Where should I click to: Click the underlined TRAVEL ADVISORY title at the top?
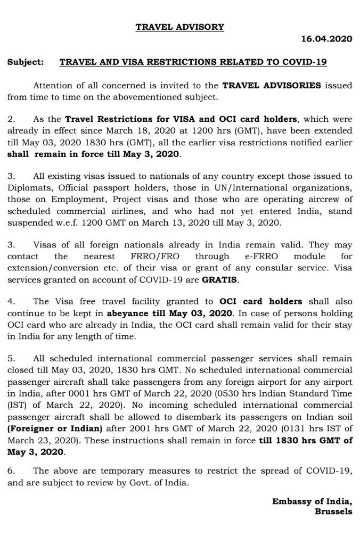(179, 27)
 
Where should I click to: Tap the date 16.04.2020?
(326, 39)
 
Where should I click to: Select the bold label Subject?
(25, 62)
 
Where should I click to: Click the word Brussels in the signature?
(333, 511)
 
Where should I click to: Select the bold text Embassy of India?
(312, 501)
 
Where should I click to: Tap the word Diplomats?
(27, 187)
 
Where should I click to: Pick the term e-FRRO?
(261, 257)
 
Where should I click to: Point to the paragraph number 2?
(11, 119)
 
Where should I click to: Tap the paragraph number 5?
(11, 359)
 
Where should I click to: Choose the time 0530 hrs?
(231, 394)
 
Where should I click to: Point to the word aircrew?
(336, 199)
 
